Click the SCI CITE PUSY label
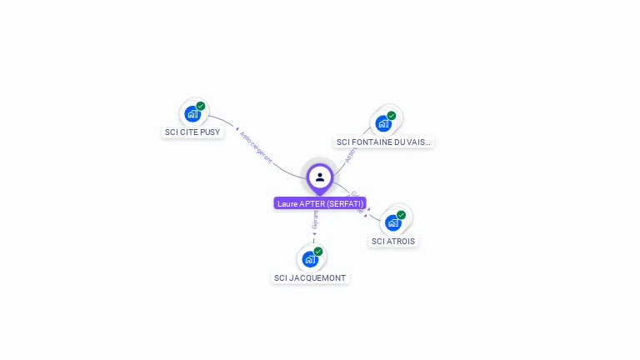coord(193,132)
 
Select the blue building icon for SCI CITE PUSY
coord(192,113)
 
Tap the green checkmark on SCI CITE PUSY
coord(201,106)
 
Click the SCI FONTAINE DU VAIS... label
coord(383,142)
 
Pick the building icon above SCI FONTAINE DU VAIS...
coord(382,123)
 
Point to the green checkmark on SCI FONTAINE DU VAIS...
coord(392,116)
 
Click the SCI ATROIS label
coord(393,241)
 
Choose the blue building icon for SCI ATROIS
coord(393,222)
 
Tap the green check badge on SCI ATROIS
coord(402,215)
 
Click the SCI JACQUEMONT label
coord(310,277)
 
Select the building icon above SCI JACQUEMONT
coord(310,258)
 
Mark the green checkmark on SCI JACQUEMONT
coord(318,251)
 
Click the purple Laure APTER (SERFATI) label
coord(320,203)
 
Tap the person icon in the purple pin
coord(320,177)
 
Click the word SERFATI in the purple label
coord(345,203)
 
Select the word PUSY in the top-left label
coord(211,132)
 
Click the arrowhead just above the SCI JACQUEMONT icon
coord(314,234)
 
